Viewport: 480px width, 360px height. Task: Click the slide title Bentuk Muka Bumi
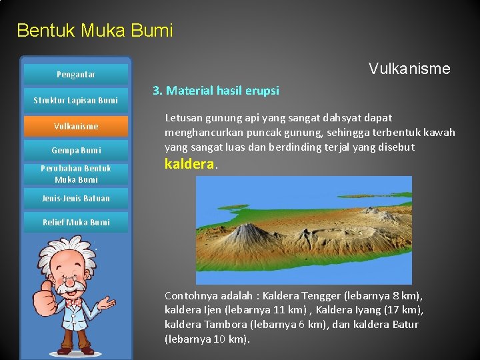95,31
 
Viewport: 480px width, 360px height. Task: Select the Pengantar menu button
76,75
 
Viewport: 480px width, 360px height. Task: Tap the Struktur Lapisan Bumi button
76,101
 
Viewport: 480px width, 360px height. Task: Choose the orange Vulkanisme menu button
76,126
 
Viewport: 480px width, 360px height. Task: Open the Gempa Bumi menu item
76,151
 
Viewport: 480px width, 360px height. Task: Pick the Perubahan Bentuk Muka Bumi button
76,174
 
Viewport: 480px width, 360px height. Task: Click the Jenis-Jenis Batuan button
76,198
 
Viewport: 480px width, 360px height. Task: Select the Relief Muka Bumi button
76,222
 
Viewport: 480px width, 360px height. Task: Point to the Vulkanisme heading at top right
409,69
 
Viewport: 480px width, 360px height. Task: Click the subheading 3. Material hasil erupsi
216,91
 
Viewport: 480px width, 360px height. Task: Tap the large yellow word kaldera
189,164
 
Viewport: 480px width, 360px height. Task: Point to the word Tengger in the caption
321,295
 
